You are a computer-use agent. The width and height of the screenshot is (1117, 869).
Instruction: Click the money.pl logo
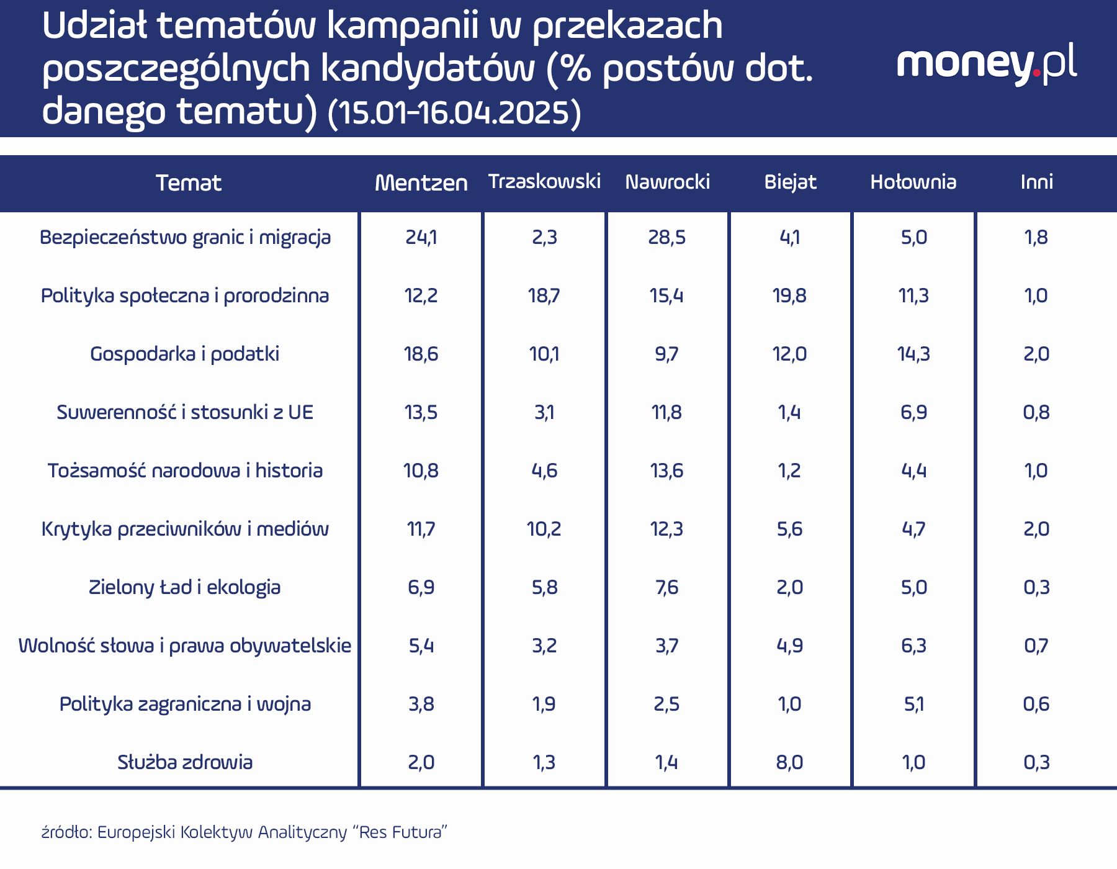tap(987, 64)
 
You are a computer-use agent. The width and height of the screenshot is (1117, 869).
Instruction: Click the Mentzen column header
tap(421, 182)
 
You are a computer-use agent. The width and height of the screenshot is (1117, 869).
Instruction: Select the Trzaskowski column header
tap(544, 181)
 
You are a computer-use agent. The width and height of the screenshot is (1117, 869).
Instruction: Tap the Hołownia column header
tap(913, 182)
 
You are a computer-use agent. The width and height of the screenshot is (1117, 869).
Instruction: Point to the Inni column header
tap(1036, 182)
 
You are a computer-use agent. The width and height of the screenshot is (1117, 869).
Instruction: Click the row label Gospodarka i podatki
tap(185, 354)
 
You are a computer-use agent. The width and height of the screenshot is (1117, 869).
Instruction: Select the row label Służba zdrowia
tap(185, 762)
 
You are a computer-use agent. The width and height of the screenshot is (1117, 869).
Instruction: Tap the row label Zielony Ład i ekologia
tap(185, 587)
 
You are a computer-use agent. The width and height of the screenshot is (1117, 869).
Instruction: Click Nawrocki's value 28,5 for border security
tap(666, 237)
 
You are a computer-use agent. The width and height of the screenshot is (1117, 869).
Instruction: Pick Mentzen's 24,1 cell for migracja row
tap(421, 237)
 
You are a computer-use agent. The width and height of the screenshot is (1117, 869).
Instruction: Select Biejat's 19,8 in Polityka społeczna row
tap(789, 295)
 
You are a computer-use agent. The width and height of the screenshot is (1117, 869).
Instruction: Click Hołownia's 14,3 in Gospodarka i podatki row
tap(913, 354)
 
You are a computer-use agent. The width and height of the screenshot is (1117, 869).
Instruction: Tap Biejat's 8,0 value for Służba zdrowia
tap(789, 762)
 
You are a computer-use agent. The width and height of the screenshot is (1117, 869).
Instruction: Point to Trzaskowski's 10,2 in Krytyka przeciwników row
tap(544, 529)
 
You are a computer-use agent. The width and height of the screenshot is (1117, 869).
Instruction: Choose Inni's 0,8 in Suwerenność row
tap(1036, 412)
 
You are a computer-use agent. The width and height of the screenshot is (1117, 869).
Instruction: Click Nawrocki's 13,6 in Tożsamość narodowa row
tap(666, 471)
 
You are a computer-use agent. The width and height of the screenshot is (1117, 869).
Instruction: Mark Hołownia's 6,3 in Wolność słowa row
tap(913, 646)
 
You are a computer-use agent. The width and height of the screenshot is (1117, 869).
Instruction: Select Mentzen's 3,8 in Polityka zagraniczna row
tap(421, 704)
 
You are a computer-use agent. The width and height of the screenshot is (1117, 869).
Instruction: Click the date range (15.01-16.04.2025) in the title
tap(454, 113)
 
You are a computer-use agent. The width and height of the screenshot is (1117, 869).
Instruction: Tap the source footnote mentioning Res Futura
tap(244, 832)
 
